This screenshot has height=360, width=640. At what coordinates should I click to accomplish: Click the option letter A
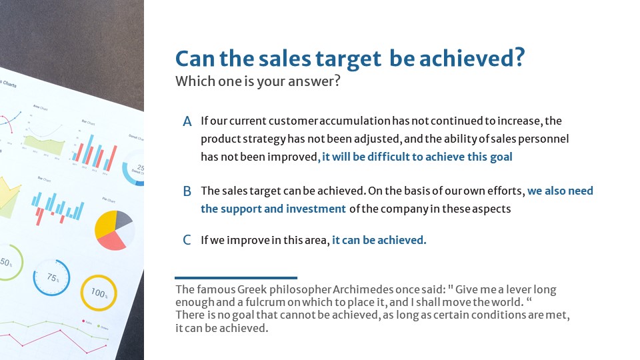coord(187,121)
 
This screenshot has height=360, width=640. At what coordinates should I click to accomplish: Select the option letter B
coord(187,191)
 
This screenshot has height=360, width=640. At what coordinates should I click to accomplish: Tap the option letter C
coord(187,240)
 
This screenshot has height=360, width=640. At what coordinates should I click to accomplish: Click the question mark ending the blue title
coord(519,57)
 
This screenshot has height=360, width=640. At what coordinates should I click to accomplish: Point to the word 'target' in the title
coord(348,59)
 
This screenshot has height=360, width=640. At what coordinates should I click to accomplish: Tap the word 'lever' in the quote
coord(517,289)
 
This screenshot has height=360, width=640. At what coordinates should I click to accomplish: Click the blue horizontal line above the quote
coord(236,278)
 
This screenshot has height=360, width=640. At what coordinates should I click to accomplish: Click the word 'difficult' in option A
coord(387,157)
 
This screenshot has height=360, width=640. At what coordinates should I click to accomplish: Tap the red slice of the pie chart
coord(112,241)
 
